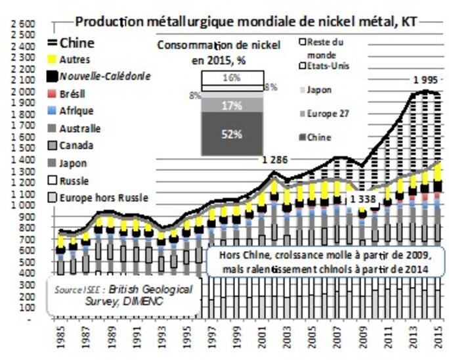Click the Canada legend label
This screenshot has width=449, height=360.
(x=75, y=145)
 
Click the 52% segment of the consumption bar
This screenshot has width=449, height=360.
(x=230, y=134)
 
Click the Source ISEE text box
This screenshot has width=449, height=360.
(x=123, y=293)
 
